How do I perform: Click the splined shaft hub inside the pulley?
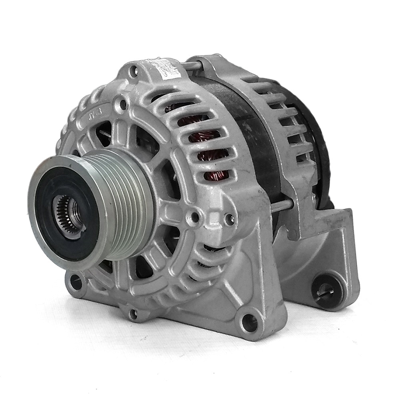click(68, 212)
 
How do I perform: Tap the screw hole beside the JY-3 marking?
click(121, 106)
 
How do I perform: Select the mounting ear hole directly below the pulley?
click(76, 282)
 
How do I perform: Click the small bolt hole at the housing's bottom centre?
click(133, 313)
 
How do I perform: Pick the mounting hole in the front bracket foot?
click(249, 322)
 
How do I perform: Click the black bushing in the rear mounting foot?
click(325, 290)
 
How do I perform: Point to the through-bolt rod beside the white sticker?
click(192, 66)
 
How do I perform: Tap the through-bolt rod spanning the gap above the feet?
click(281, 206)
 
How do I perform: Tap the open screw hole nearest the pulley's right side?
click(195, 217)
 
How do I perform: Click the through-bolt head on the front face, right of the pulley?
click(230, 220)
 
